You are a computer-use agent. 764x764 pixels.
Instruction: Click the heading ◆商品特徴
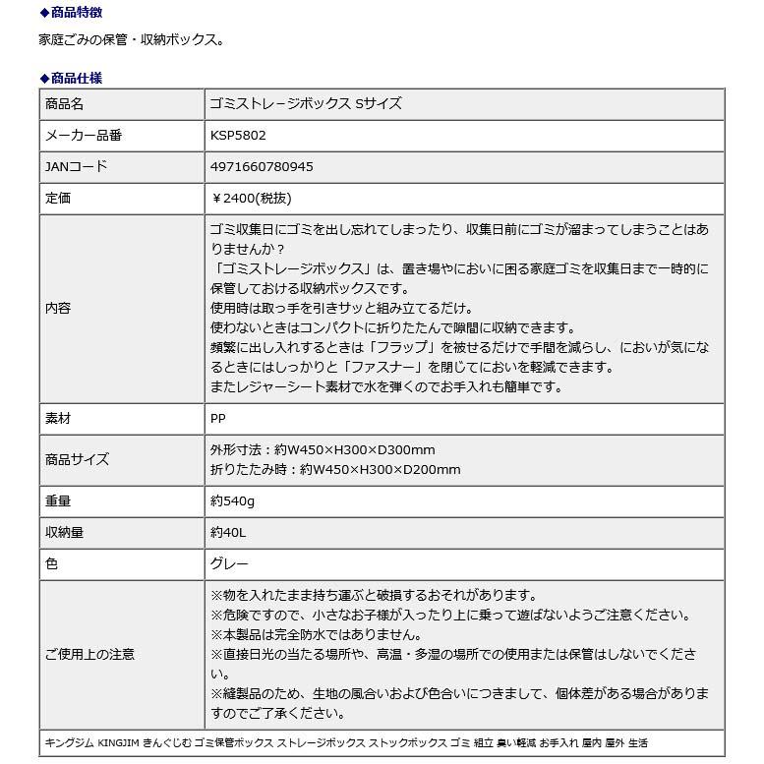[x=70, y=13]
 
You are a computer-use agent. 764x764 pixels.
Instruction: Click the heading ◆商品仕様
[x=70, y=78]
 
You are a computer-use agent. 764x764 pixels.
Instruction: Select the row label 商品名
[x=65, y=104]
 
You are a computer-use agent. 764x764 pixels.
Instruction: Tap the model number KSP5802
[x=238, y=136]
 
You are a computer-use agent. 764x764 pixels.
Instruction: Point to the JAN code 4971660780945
[x=262, y=167]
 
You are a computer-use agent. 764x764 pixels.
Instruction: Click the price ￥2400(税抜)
[x=252, y=199]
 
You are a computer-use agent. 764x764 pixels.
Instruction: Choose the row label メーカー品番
[x=85, y=136]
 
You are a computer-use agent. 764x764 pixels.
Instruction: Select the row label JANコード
[x=77, y=167]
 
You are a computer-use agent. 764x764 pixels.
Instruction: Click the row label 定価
[x=58, y=199]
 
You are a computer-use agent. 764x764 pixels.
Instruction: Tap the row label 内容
[x=58, y=309]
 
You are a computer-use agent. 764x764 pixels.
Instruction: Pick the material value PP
[x=218, y=419]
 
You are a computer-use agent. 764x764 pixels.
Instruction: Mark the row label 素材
[x=58, y=419]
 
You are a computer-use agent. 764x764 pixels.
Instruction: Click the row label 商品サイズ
[x=78, y=459]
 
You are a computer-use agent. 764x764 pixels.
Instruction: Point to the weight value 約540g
[x=232, y=501]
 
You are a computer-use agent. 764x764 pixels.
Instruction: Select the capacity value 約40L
[x=229, y=533]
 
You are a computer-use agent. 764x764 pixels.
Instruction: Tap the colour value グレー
[x=230, y=564]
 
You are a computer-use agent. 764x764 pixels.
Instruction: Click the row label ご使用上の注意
[x=90, y=654]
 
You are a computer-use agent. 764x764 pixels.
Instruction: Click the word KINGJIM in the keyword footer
[x=118, y=743]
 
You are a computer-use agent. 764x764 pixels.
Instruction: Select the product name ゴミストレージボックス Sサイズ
[x=306, y=104]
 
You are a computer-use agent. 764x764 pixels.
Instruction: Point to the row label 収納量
[x=65, y=533]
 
